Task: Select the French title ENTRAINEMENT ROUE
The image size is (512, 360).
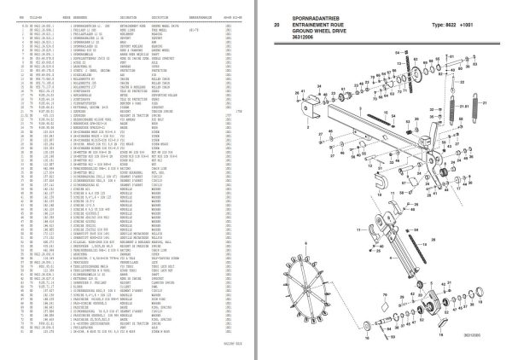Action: [316, 23]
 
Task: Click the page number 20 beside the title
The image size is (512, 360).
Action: [275, 23]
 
